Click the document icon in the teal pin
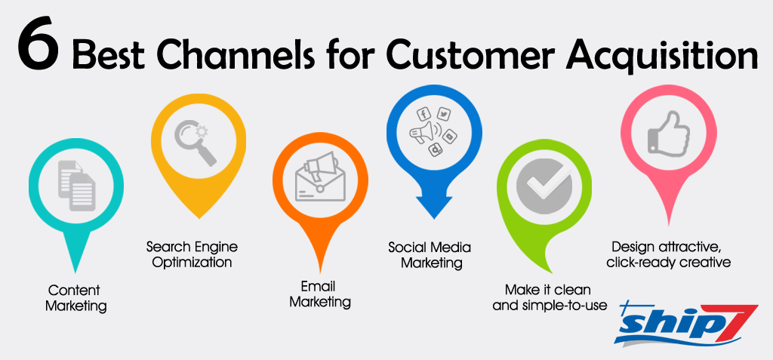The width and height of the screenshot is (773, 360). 75,188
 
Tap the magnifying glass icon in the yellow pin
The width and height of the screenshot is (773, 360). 195,143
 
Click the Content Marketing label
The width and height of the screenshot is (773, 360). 75,298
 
